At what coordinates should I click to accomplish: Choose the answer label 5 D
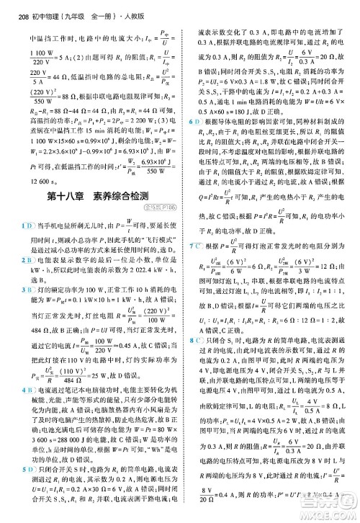[x=26, y=490]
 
